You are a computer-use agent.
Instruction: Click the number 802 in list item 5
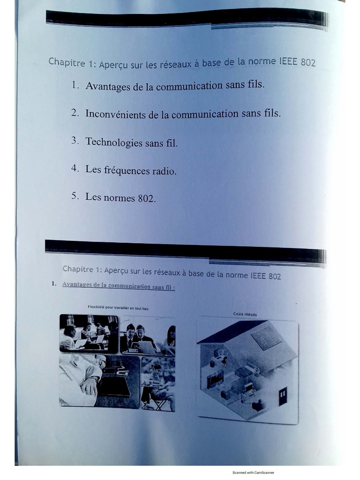(146, 198)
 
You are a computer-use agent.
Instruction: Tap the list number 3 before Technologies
(75, 141)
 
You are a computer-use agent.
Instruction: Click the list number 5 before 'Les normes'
(75, 196)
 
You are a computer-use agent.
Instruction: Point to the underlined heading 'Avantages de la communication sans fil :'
(118, 285)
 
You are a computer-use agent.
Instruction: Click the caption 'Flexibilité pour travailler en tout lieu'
(118, 307)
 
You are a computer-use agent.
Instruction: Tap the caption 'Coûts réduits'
(245, 314)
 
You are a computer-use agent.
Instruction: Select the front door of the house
(283, 396)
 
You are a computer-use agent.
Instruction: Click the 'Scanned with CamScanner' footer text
(253, 472)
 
